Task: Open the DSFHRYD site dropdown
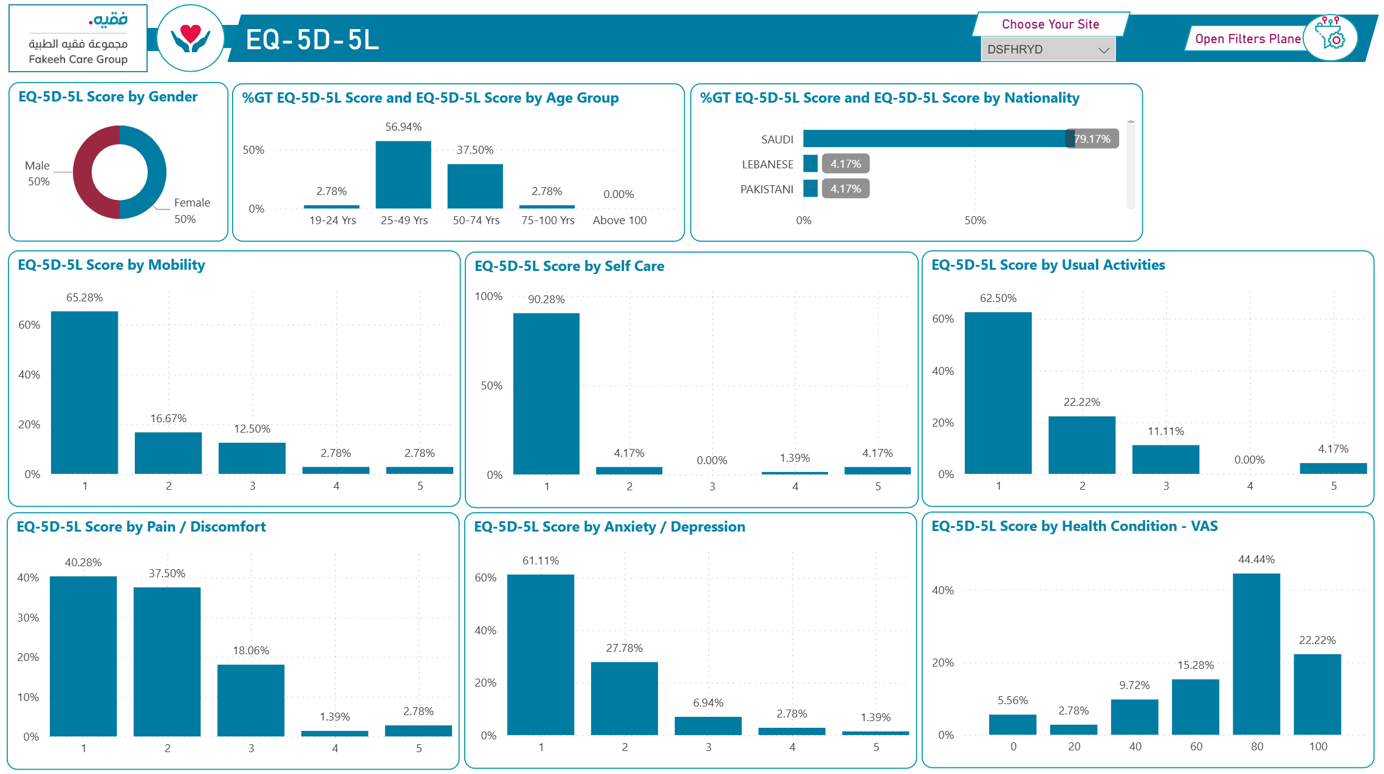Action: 1048,50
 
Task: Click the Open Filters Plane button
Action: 1247,39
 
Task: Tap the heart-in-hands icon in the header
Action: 191,38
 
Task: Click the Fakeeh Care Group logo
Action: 78,38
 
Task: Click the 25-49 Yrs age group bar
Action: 403,175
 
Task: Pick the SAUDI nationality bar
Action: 936,139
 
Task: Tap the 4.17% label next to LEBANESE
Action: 846,164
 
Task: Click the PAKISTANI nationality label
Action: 767,190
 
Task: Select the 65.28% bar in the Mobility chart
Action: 84,392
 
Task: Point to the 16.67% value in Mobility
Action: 168,419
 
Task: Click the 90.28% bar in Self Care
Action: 546,394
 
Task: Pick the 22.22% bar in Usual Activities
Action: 1082,445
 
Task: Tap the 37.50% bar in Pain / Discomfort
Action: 167,662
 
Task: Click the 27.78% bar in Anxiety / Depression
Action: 625,698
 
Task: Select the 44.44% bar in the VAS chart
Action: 1256,654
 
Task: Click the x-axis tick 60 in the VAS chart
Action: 1196,747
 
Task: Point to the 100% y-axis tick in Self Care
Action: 488,296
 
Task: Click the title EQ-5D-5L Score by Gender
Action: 108,97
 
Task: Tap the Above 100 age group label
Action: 620,221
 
